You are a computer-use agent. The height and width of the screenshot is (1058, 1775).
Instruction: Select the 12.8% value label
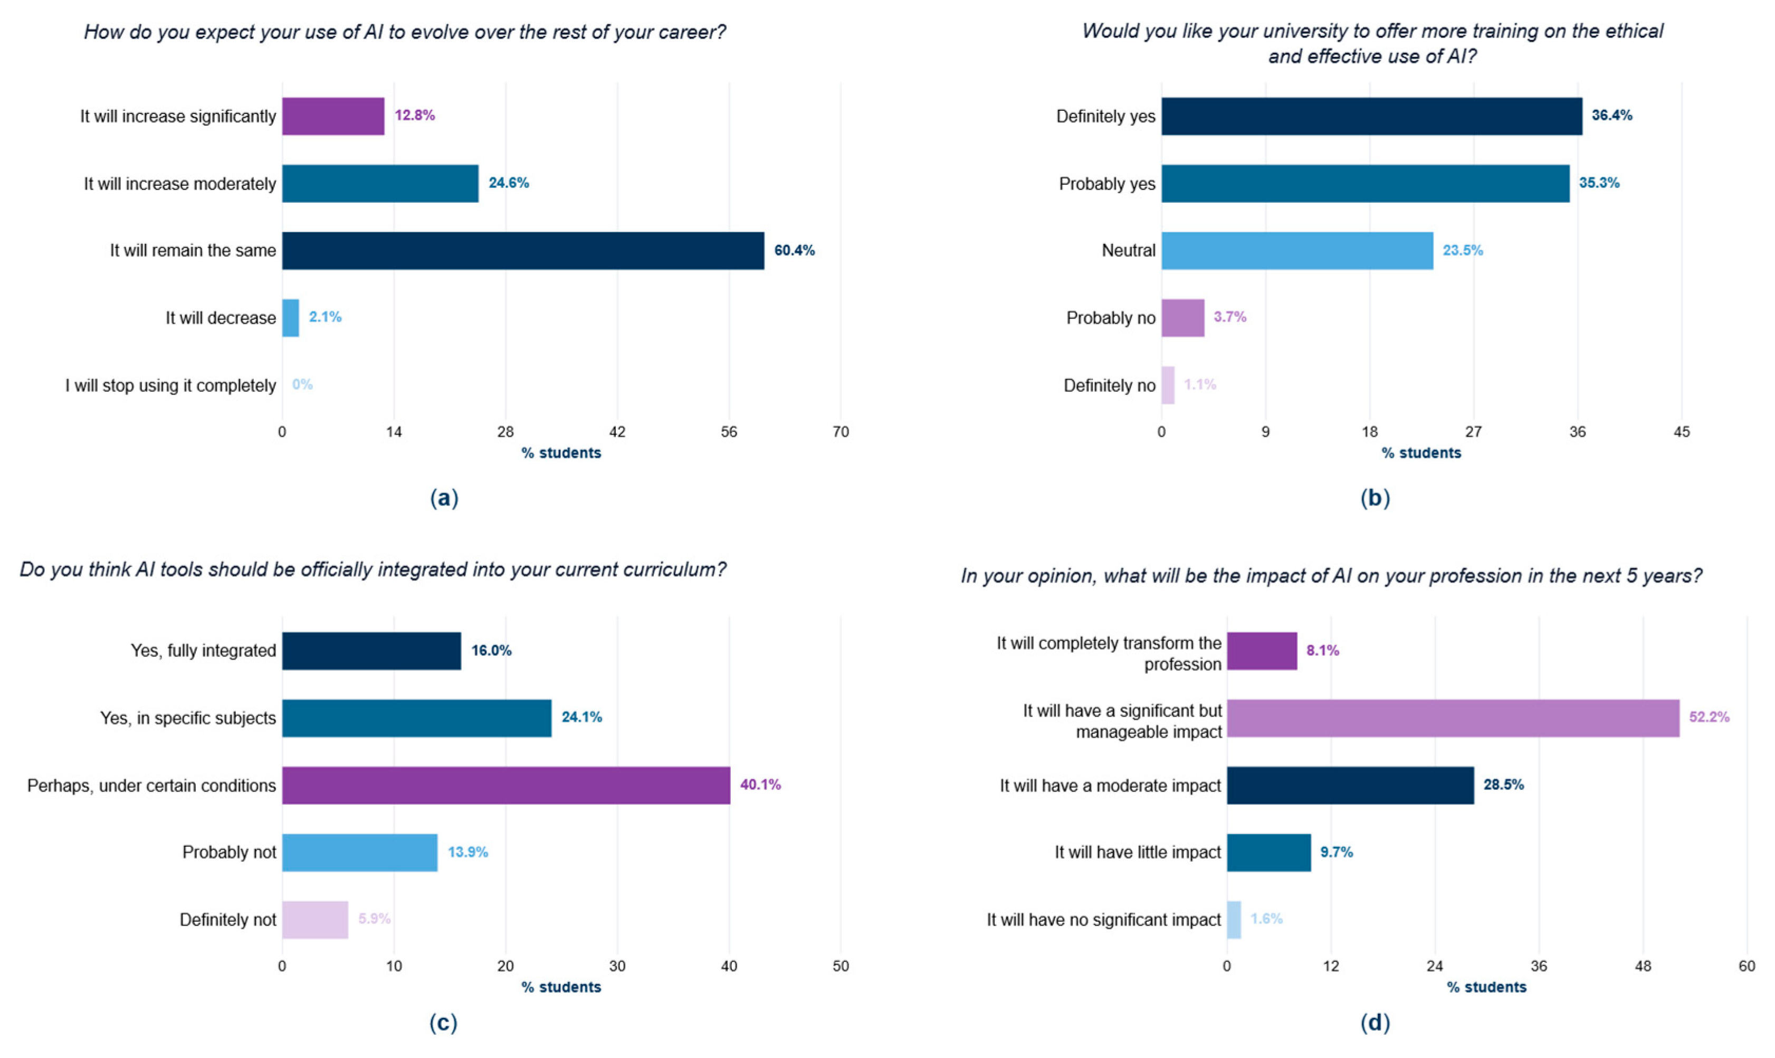pos(415,116)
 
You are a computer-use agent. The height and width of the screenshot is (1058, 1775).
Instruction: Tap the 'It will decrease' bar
pos(291,318)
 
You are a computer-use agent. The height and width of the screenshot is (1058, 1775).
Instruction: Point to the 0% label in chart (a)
pos(302,385)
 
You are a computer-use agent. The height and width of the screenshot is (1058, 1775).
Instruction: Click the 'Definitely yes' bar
pos(1372,116)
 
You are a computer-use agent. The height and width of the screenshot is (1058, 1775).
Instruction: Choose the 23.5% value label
pos(1463,250)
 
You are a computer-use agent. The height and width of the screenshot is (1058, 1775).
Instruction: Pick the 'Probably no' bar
pos(1184,318)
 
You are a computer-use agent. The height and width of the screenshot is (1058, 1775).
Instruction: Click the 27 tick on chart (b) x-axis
pos(1474,432)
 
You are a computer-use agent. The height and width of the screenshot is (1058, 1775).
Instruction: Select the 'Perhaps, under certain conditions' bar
pos(506,786)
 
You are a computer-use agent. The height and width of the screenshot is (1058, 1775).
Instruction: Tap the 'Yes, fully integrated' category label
pos(203,651)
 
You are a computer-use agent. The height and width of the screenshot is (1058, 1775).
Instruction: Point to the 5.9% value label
pos(374,919)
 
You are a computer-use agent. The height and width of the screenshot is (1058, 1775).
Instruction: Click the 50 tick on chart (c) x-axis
pos(841,966)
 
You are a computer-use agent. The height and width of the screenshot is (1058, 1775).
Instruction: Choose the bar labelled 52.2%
pos(1453,718)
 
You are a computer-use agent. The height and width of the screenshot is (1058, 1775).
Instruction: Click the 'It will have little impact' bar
pos(1269,853)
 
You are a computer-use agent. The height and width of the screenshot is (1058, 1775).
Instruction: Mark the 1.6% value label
pos(1267,919)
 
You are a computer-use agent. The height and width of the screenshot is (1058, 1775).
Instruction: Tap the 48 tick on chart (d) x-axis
pos(1643,966)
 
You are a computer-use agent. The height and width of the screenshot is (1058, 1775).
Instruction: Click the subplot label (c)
pos(443,1024)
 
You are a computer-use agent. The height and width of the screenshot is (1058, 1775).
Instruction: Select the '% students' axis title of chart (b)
pos(1421,453)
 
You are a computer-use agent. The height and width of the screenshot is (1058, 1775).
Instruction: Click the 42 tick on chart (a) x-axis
pos(617,432)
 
